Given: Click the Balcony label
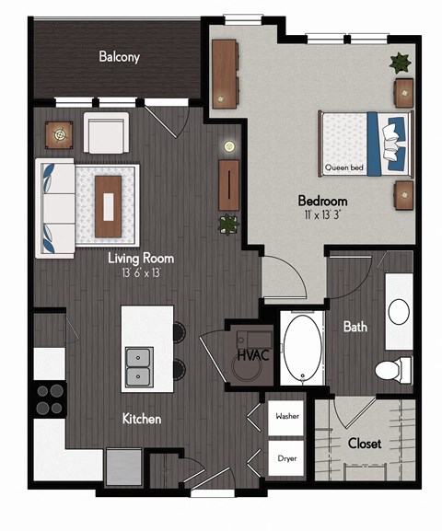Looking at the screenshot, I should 120,57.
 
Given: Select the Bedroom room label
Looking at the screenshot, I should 322,201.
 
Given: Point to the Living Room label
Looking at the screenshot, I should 141,259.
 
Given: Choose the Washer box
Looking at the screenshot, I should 285,416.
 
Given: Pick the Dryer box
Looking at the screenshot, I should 285,456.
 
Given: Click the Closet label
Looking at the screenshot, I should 365,443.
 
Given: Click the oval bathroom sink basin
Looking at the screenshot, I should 399,312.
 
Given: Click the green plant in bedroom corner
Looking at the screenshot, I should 401,63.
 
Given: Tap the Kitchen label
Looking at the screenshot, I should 142,419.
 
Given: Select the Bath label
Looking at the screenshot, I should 356,327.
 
